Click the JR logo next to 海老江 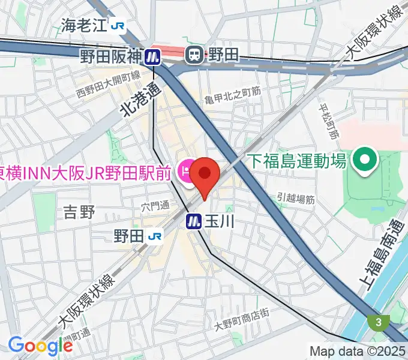pos(121,25)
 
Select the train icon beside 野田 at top pos(194,55)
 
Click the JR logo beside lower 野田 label pos(155,236)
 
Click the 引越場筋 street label pos(296,199)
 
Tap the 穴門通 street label pos(155,206)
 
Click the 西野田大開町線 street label pos(109,83)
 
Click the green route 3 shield pos(379,323)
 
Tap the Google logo pos(40,345)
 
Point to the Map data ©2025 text pos(358,351)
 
